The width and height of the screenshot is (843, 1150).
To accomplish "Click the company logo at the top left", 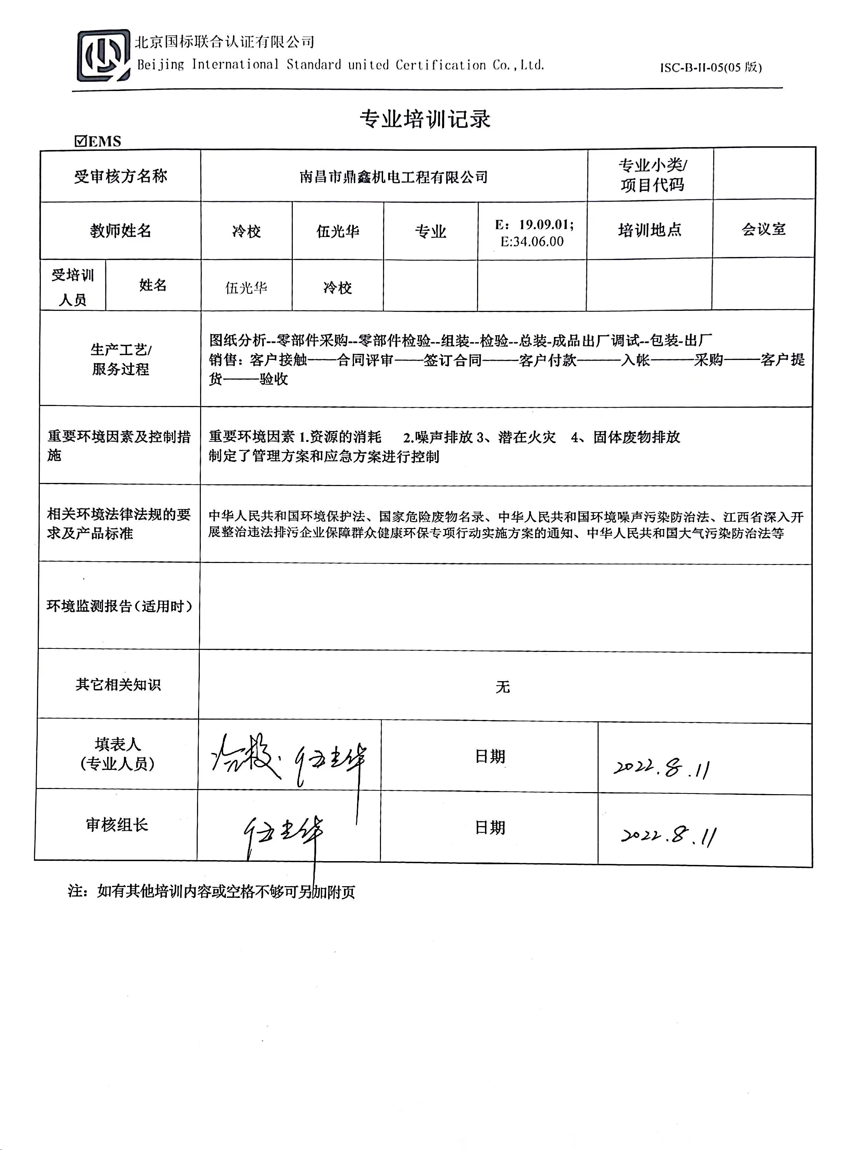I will coord(103,56).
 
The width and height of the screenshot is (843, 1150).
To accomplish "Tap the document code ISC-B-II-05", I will coord(710,67).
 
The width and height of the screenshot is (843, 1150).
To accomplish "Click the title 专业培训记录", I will coord(425,119).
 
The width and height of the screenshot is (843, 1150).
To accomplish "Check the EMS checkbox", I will coord(81,141).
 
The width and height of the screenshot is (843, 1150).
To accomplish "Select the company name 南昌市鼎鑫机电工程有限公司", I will coord(393,177).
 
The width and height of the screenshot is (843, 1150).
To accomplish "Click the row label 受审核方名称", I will coord(120,177).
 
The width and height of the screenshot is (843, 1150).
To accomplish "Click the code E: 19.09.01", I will coord(534,225).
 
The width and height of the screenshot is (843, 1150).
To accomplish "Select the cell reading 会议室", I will coord(763,229).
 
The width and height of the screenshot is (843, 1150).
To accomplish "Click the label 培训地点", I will coord(650,230).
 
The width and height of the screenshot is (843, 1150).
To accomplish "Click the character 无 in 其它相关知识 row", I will coord(503,687).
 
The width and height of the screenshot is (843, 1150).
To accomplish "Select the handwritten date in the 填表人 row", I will coord(661,767).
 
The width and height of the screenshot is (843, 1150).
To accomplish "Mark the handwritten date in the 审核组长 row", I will coord(669,835).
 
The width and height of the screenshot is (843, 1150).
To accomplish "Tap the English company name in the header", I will coord(340,65).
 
